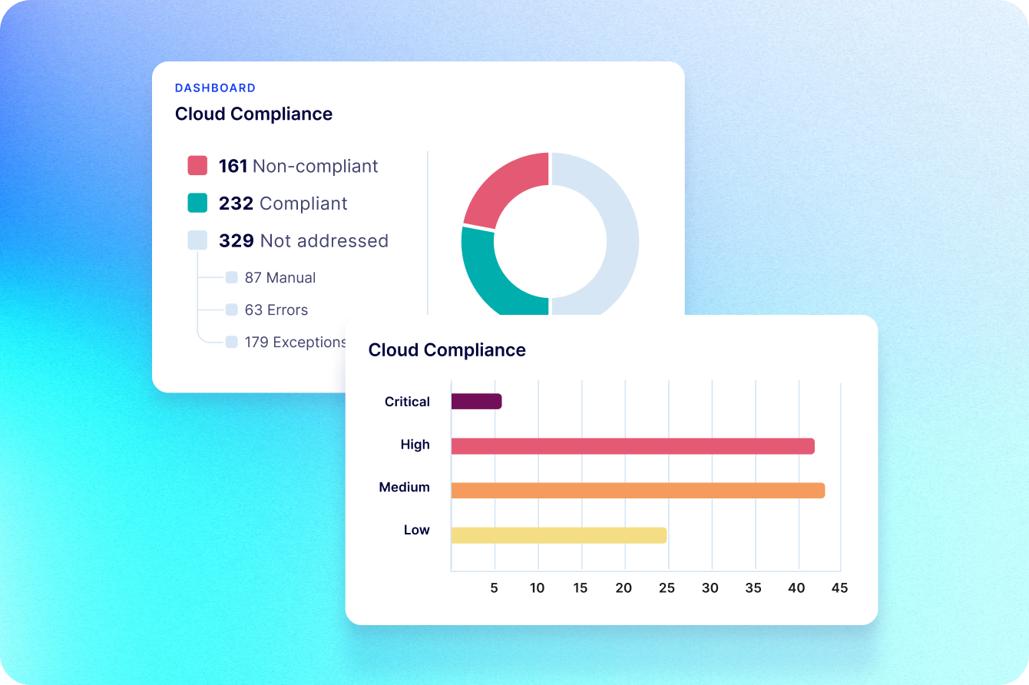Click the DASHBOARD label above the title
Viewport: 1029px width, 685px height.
pos(215,88)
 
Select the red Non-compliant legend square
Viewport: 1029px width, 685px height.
pos(197,166)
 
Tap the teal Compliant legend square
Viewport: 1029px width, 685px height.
pos(197,204)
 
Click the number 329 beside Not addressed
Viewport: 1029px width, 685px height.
pos(236,241)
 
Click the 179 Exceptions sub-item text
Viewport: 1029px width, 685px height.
pos(295,342)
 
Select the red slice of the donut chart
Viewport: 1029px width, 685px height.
pos(503,188)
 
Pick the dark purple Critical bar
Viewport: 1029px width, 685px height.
pos(476,402)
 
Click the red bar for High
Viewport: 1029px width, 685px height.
pos(632,446)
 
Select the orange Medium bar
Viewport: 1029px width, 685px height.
pos(637,491)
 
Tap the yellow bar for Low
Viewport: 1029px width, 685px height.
pos(558,535)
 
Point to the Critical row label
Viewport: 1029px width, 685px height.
pos(407,402)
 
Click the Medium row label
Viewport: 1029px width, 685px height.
pos(404,488)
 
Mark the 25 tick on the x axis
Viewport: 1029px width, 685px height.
pos(667,588)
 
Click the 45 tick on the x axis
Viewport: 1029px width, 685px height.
pos(839,588)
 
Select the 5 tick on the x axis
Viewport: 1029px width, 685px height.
pos(495,588)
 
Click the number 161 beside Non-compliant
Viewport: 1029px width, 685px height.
pos(233,167)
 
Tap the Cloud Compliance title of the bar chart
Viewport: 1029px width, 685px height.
pos(447,350)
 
